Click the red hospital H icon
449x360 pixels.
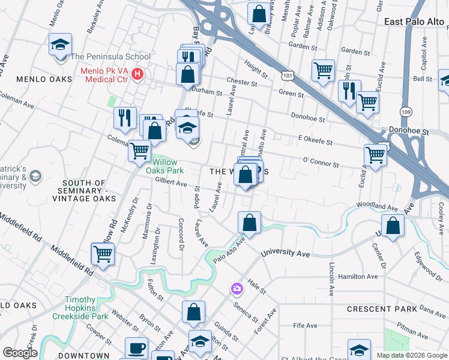click(139, 75)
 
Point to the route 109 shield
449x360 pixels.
click(406, 112)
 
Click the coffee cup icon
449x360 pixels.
click(136, 348)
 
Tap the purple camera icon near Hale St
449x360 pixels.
click(237, 289)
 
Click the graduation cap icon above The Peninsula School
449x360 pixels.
click(60, 44)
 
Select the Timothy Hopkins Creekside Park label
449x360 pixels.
click(88, 307)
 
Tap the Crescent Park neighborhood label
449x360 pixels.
click(381, 309)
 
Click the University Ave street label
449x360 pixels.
click(285, 254)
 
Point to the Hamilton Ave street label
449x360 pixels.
click(358, 276)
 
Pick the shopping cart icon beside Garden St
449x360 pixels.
click(323, 70)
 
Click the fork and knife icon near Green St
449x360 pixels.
click(349, 90)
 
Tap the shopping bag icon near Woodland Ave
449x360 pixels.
click(393, 226)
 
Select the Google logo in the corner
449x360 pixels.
click(19, 353)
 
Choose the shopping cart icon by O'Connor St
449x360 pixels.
click(375, 155)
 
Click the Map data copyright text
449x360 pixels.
click(412, 355)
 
